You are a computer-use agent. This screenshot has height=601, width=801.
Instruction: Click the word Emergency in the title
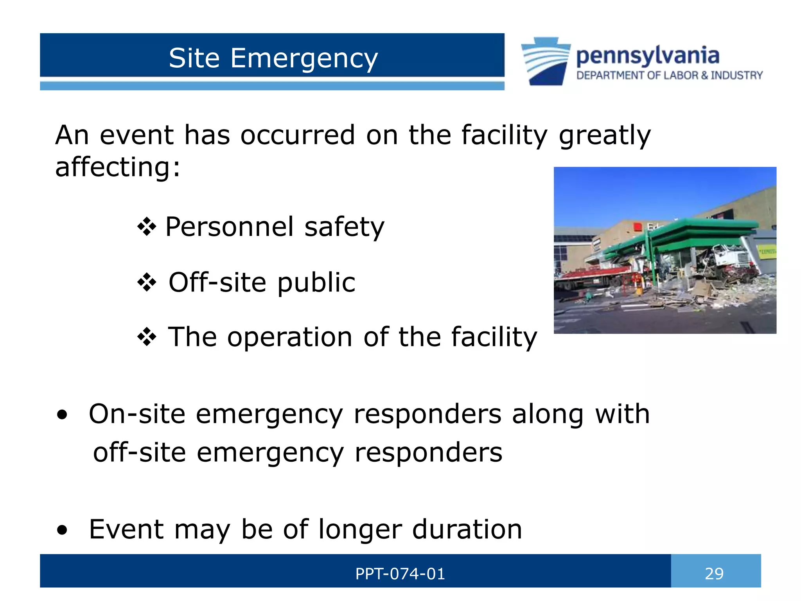[x=304, y=59]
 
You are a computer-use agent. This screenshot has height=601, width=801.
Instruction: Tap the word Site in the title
[x=194, y=58]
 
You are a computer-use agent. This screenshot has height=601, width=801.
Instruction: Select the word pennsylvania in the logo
[x=648, y=56]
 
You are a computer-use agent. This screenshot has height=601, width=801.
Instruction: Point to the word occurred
[x=297, y=135]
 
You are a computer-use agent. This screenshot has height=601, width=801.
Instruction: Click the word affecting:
[x=118, y=167]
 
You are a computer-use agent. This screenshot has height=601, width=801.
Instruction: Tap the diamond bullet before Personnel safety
[x=147, y=227]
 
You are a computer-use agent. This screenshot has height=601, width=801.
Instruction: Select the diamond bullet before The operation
[x=147, y=337]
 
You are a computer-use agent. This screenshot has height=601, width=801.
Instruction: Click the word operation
[x=289, y=337]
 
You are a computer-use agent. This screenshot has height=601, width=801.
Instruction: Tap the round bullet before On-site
[x=62, y=415]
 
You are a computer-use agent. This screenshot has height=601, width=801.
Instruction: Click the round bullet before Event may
[x=62, y=530]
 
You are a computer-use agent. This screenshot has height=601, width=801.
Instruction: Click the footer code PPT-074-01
[x=400, y=574]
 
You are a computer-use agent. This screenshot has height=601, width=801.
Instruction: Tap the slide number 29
[x=714, y=574]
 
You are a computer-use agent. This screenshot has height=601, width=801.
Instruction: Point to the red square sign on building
[x=638, y=227]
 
